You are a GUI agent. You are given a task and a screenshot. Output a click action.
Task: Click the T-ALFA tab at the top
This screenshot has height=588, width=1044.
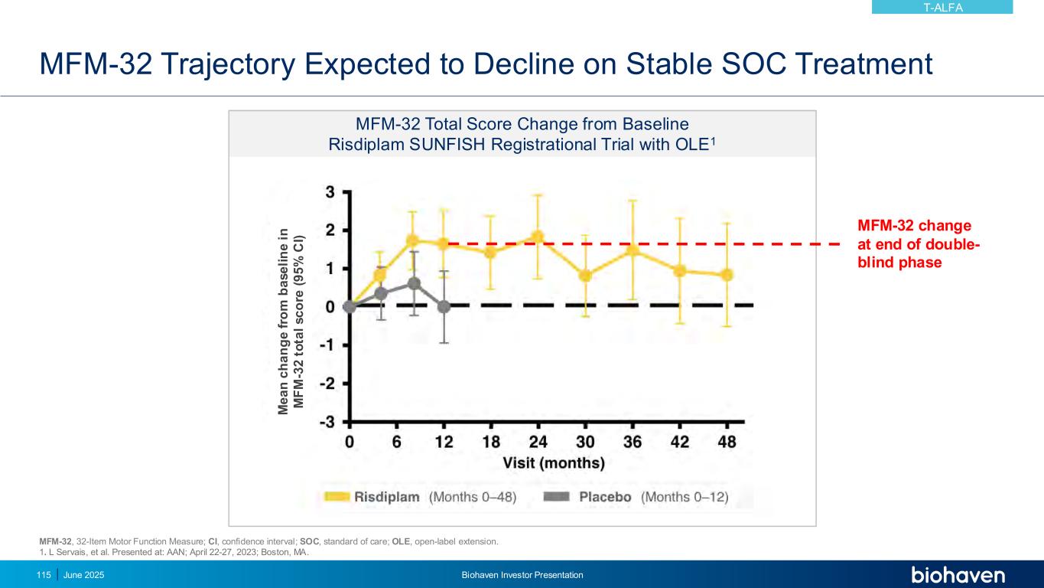click(x=942, y=8)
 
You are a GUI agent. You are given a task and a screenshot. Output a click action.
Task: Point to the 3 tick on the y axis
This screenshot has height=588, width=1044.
click(x=330, y=191)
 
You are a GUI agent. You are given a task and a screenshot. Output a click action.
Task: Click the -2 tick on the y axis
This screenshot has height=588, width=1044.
click(x=327, y=383)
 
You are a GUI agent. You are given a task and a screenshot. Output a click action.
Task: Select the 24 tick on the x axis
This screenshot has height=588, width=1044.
click(x=538, y=442)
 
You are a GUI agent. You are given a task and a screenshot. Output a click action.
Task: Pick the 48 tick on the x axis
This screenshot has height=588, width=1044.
click(x=727, y=442)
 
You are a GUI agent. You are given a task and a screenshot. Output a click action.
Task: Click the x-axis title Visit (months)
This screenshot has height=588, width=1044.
click(x=553, y=463)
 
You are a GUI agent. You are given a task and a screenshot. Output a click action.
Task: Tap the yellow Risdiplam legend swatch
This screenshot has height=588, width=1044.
click(x=336, y=497)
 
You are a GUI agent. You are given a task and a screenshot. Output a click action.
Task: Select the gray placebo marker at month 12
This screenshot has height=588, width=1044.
click(x=444, y=306)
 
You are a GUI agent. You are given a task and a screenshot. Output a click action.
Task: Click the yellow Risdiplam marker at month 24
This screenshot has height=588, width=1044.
click(x=538, y=237)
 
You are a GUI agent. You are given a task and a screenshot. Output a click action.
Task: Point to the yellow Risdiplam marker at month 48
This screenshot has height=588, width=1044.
click(x=727, y=275)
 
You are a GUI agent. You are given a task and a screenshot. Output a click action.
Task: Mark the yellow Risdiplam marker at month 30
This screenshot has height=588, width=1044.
click(x=585, y=276)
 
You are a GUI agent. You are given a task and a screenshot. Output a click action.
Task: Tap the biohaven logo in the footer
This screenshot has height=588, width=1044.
click(x=958, y=575)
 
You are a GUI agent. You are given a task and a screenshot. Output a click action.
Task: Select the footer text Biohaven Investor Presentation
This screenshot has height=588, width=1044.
click(x=522, y=575)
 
